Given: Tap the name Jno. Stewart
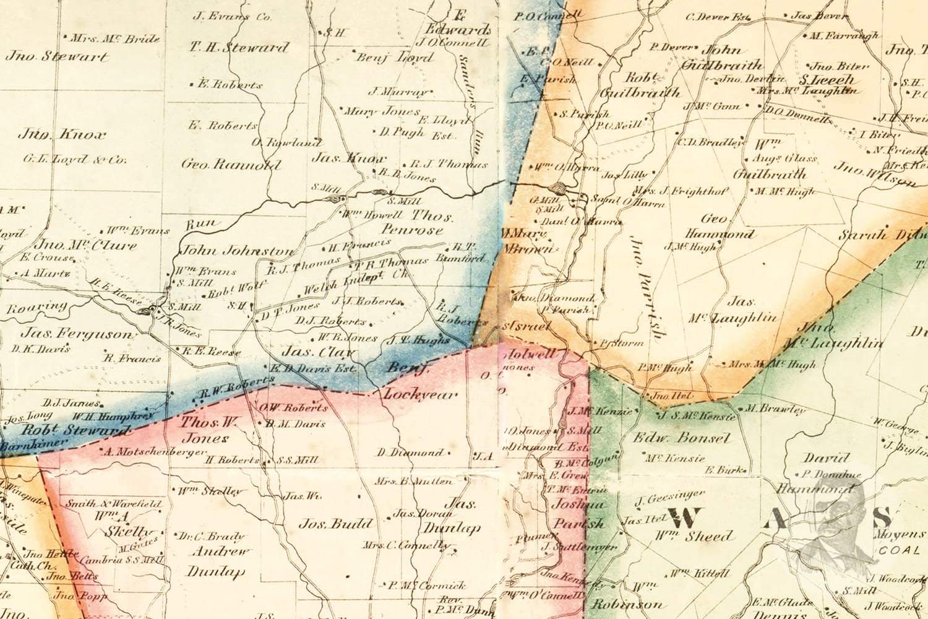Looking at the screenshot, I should [x=58, y=57].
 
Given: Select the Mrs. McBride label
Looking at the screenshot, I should [x=115, y=39].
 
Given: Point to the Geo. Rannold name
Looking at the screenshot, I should [x=231, y=165].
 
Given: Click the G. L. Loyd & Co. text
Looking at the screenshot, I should [x=74, y=160].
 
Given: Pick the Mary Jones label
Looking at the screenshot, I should [x=382, y=112].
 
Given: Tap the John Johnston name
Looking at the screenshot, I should [x=238, y=251].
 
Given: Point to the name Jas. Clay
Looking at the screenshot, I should [x=319, y=353].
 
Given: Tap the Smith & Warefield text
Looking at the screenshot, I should [x=113, y=504].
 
